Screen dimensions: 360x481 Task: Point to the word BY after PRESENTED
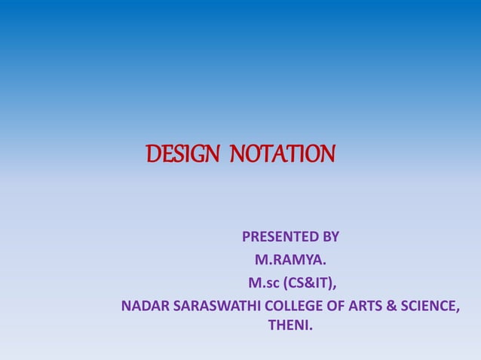pyautogui.click(x=330, y=238)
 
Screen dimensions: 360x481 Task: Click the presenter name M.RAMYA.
pyautogui.click(x=290, y=261)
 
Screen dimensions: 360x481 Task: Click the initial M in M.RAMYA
pyautogui.click(x=261, y=261)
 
